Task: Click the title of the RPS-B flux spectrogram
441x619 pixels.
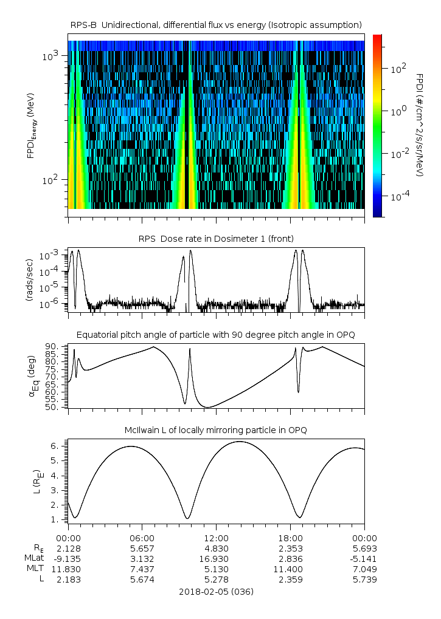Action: (x=216, y=24)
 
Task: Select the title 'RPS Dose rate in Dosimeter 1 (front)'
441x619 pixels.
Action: (x=216, y=238)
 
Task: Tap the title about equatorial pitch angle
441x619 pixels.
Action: (x=216, y=335)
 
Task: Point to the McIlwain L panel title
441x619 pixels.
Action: (x=216, y=430)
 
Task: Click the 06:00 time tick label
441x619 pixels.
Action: (x=142, y=538)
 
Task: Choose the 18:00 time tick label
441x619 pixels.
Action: (x=290, y=538)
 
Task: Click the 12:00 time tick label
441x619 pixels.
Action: (x=216, y=538)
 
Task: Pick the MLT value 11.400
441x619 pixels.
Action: (x=290, y=569)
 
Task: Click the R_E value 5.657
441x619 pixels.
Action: (x=142, y=549)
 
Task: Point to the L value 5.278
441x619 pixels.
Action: (x=216, y=580)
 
